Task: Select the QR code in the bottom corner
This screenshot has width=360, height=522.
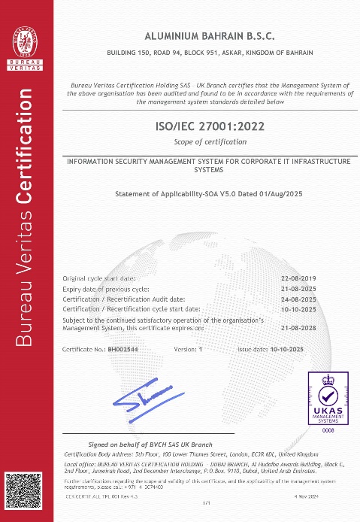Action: pos(22,492)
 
